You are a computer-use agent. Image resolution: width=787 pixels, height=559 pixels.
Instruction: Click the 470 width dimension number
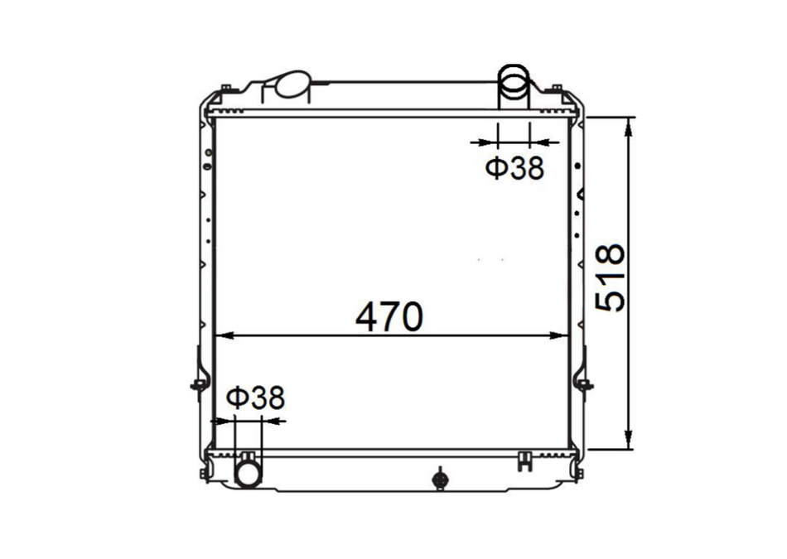389,317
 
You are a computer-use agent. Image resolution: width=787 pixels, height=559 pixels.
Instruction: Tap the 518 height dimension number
611,278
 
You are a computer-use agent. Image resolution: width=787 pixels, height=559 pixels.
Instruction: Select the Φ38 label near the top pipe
514,168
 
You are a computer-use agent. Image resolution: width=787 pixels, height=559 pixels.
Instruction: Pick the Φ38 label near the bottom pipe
255,398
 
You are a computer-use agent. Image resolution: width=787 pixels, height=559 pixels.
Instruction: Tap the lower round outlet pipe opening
248,473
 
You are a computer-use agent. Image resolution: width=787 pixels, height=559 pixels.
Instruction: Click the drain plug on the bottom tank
439,478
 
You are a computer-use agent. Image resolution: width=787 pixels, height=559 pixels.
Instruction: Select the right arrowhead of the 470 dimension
563,336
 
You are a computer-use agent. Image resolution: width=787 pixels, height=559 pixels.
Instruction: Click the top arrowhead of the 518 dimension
630,125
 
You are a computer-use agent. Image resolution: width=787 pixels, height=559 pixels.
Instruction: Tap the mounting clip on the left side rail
198,383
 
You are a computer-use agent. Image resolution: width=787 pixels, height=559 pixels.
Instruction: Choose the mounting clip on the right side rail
586,384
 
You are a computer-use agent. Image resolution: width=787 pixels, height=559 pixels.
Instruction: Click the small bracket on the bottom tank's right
524,460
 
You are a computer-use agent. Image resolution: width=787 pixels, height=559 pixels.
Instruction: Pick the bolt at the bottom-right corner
579,473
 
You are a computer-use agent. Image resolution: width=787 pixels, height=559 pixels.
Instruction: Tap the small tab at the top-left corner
224,88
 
